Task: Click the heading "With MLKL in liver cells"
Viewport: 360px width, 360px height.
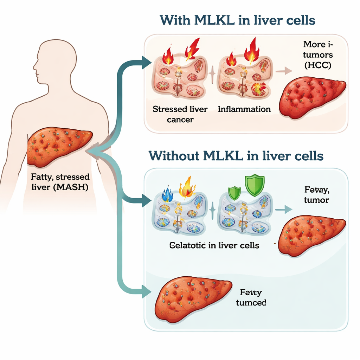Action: click(x=237, y=20)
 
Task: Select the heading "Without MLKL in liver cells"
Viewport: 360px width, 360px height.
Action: click(x=236, y=155)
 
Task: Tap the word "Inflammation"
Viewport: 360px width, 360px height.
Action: click(x=244, y=109)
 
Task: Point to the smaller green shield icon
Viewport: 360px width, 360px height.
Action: click(x=234, y=193)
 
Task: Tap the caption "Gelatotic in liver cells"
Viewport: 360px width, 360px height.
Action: click(x=214, y=245)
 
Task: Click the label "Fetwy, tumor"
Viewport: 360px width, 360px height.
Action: click(x=317, y=195)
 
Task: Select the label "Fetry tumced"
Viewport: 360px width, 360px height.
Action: click(x=251, y=297)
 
